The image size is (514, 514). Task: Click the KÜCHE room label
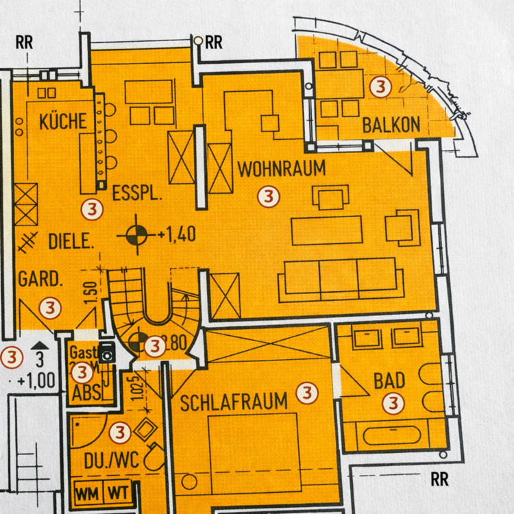(63, 122)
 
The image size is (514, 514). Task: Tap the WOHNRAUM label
(281, 168)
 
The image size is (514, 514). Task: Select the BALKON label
(391, 125)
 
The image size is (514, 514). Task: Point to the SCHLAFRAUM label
(234, 402)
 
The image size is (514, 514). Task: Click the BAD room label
(389, 381)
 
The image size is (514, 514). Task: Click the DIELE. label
(71, 241)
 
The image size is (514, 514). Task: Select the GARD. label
(41, 280)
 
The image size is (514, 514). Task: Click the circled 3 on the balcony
(379, 87)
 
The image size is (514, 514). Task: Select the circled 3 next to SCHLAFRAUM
(308, 393)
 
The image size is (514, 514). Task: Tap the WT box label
(118, 492)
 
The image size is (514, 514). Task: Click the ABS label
(86, 393)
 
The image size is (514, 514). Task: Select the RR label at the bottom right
(440, 479)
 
